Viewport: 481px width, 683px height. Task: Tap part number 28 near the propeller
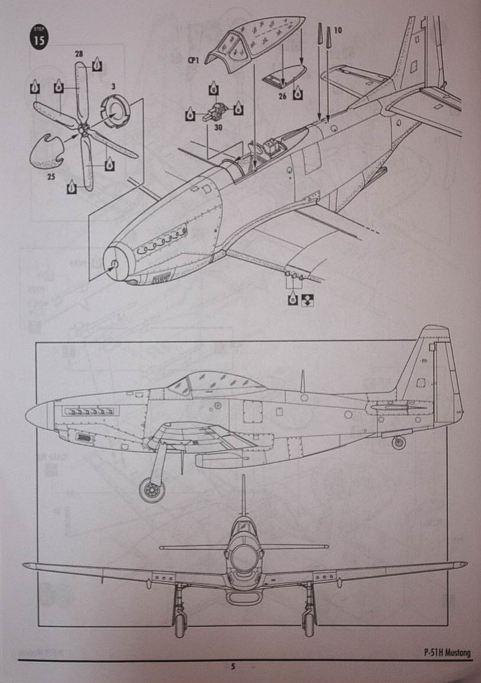tap(79, 54)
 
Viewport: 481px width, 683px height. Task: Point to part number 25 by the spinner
tap(52, 176)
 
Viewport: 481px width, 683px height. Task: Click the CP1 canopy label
tap(192, 60)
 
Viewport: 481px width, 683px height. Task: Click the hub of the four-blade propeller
tap(83, 129)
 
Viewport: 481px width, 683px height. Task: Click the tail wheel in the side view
tap(399, 442)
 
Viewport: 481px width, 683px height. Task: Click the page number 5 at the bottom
tap(233, 667)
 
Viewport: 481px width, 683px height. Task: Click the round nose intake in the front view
tap(243, 557)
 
